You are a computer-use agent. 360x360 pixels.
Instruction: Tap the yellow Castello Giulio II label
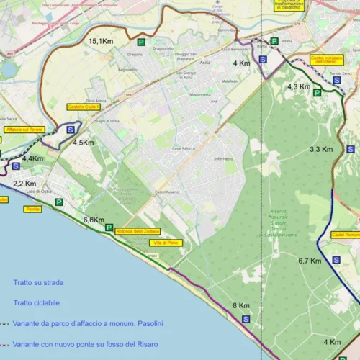coord(84,107)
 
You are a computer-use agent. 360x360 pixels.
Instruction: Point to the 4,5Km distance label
coord(83,143)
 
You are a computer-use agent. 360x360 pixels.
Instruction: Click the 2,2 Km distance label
coord(24,184)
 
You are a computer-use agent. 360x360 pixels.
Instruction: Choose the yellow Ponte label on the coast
coord(32,209)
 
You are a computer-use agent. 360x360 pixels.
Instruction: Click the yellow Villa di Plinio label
coord(166,243)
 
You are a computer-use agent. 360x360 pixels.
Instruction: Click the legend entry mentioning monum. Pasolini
coord(87,324)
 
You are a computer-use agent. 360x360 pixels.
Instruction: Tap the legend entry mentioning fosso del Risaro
coord(87,345)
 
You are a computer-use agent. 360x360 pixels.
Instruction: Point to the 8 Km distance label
coord(240,306)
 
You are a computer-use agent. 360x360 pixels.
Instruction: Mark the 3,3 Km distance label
coord(320,149)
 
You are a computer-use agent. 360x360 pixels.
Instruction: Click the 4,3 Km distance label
coord(299,86)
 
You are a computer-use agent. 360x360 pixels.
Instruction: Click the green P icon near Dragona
coord(142,42)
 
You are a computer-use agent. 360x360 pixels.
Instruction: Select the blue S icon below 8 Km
coord(246,319)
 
